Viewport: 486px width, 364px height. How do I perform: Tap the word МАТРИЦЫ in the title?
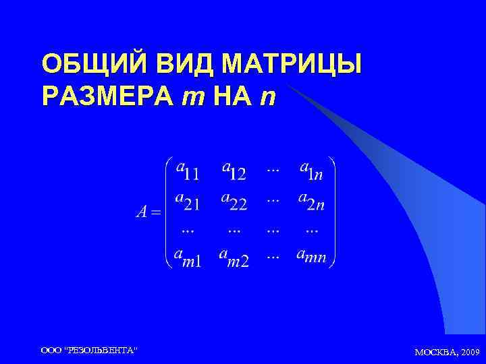(292, 65)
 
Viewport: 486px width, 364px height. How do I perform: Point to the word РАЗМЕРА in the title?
(107, 97)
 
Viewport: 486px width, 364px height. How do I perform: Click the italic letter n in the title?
(268, 98)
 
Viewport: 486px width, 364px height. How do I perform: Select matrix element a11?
(187, 170)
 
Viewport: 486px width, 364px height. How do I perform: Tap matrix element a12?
(234, 170)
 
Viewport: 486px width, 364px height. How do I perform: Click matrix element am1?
(187, 257)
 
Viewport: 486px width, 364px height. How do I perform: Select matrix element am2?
(234, 257)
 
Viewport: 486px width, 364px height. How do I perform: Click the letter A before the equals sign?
(141, 213)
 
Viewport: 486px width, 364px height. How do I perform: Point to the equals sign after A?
(156, 214)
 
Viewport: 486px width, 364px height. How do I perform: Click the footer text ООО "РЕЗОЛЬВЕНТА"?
(88, 351)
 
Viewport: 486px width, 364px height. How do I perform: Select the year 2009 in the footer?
(468, 352)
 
